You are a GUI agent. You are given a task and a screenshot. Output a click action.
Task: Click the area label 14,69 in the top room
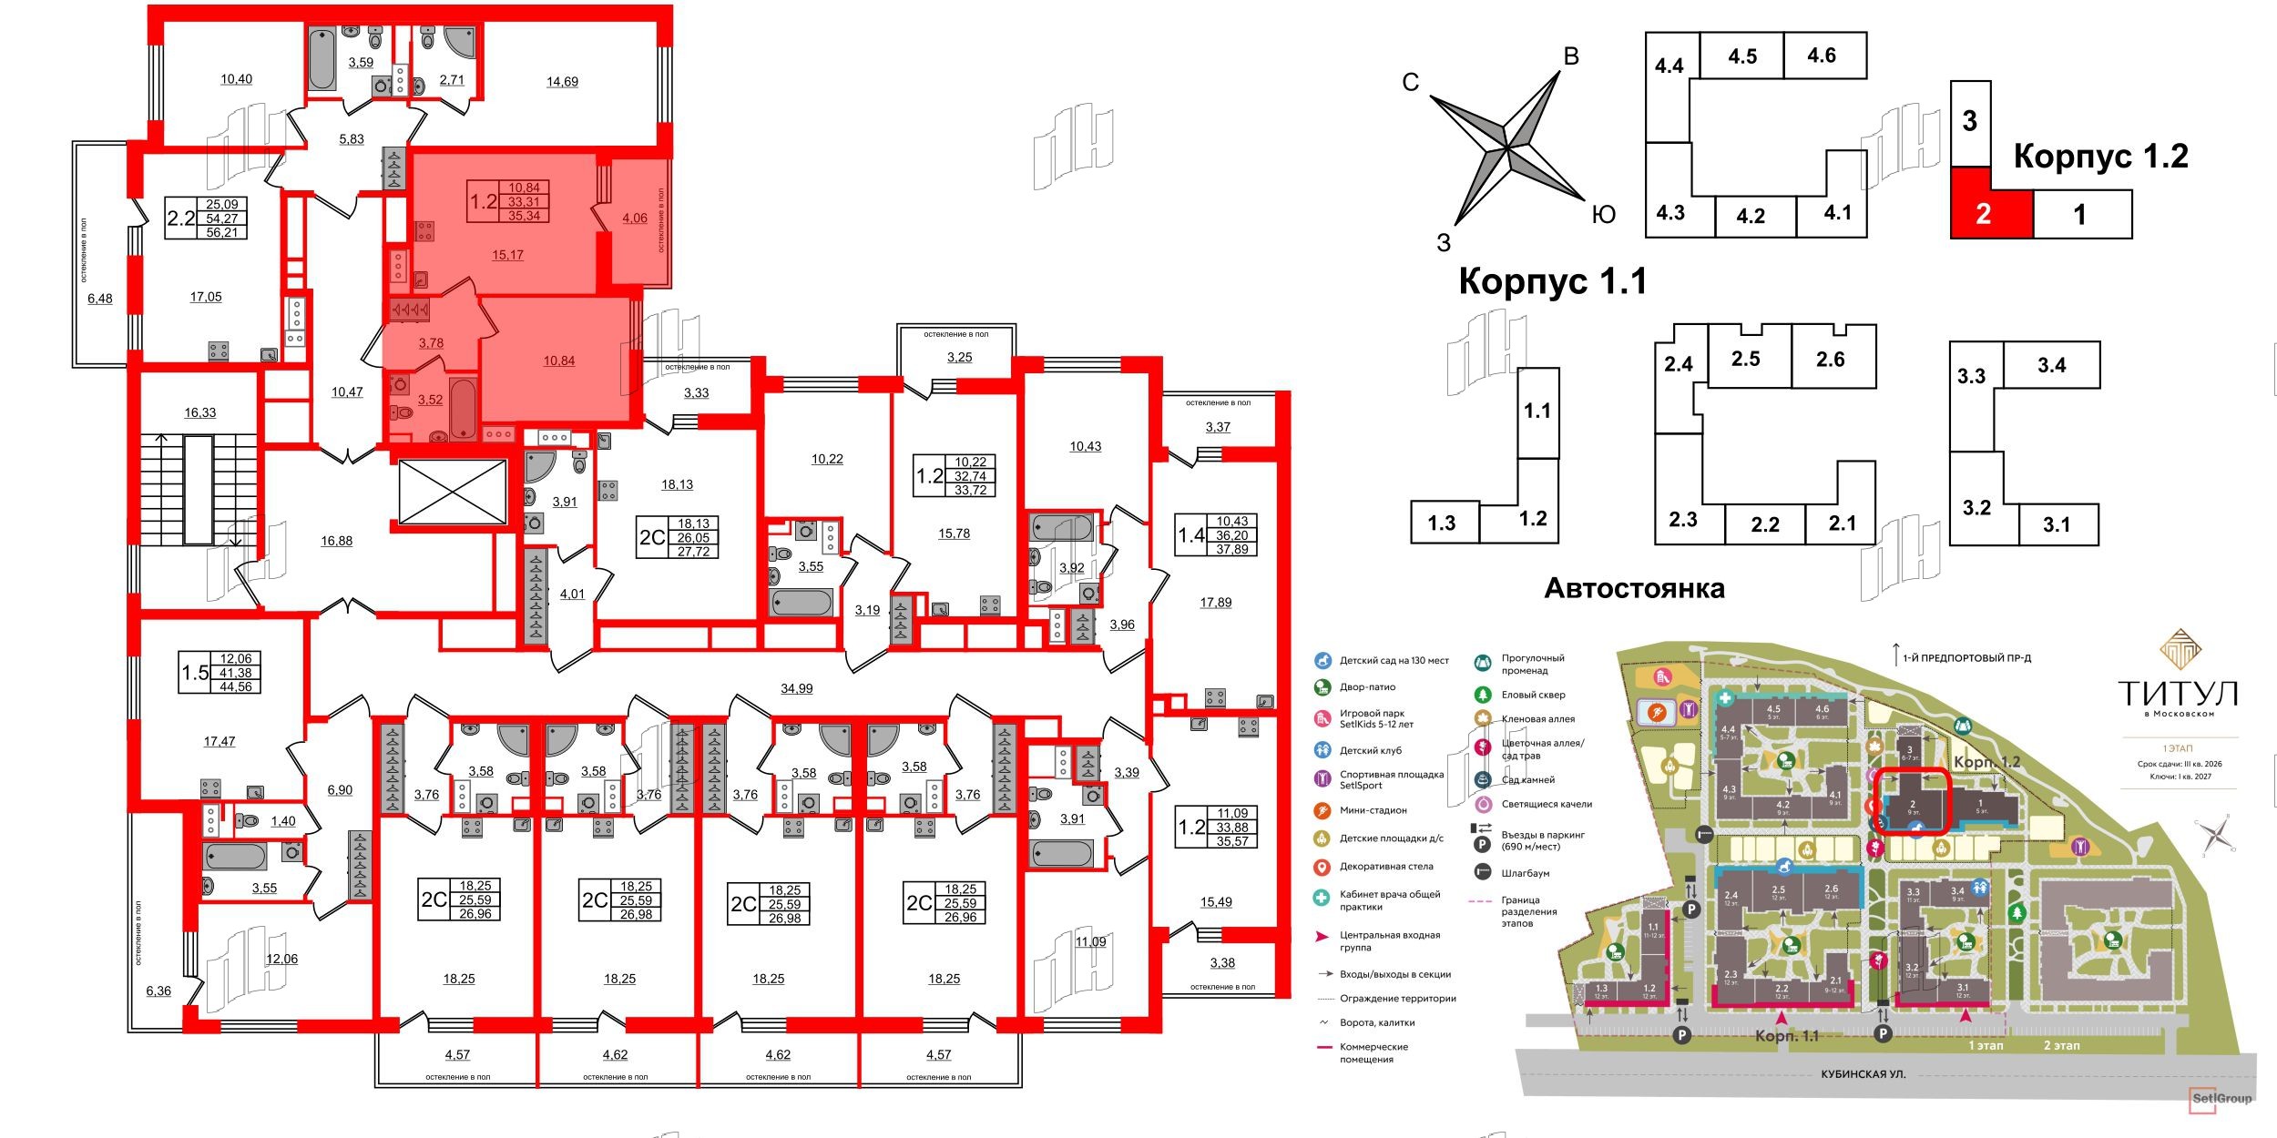[562, 81]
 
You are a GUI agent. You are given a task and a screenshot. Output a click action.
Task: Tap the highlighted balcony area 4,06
[635, 218]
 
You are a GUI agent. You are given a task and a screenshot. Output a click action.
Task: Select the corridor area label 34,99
[796, 689]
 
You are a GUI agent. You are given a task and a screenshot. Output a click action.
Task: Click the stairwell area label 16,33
[199, 412]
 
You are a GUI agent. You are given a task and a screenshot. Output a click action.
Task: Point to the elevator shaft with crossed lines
[452, 492]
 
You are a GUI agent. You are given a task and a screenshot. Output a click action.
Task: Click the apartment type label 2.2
[181, 218]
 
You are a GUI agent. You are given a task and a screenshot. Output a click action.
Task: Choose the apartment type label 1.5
[195, 673]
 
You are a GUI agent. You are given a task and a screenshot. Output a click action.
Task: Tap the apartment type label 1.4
[1190, 535]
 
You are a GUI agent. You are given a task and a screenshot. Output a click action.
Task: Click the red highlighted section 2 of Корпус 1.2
[1983, 214]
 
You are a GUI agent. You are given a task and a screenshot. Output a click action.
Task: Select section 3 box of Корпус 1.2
[1970, 121]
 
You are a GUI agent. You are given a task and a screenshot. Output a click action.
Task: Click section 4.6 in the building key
[1822, 56]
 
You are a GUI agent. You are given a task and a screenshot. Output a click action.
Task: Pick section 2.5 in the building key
[1745, 359]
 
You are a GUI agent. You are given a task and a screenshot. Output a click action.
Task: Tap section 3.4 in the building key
[2051, 365]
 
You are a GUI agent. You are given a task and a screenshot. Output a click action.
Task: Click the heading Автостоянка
[1634, 588]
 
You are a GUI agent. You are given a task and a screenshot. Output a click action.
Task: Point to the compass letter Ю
[1603, 215]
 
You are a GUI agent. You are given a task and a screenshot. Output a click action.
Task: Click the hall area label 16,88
[336, 541]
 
